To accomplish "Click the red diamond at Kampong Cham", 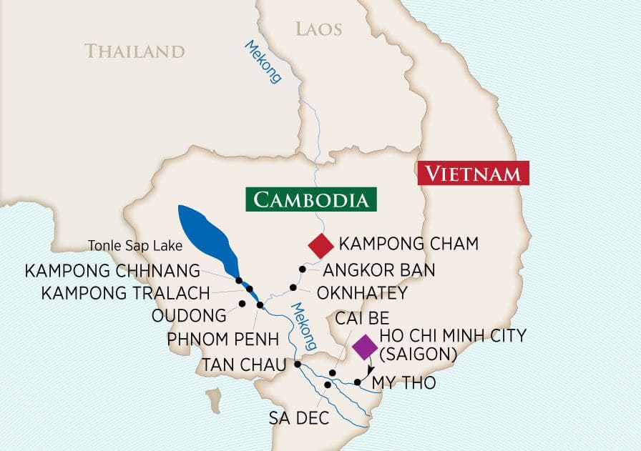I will point(320,245).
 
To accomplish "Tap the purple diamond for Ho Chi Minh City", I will point(365,347).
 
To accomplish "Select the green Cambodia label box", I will point(311,199).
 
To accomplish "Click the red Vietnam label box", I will point(474,173).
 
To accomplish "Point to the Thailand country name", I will point(134,51).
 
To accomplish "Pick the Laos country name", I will point(318,29).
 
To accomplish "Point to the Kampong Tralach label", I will point(126,293).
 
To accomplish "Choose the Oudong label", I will point(189,315).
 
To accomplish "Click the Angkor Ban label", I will point(379,271).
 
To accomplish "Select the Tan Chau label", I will point(243,363).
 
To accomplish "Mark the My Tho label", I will point(403,383).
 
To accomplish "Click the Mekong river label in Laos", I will point(263,62).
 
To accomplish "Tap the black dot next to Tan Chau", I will point(298,364).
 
